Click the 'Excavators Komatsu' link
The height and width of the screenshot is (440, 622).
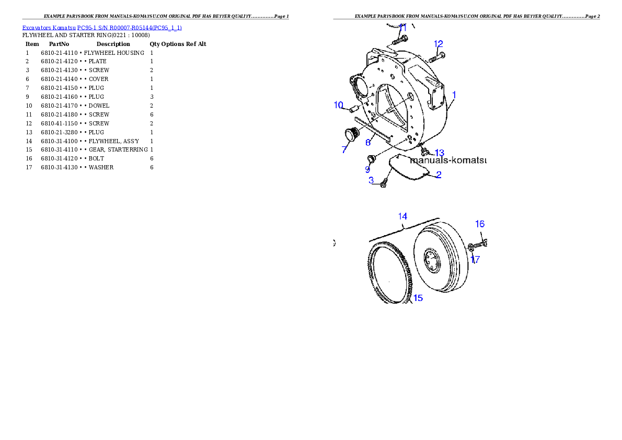pyautogui.click(x=49, y=28)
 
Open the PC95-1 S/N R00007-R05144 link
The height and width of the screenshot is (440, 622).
pyautogui.click(x=129, y=28)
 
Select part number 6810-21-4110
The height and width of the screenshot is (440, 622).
pyautogui.click(x=59, y=53)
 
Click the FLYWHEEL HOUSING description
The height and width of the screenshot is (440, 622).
pyautogui.click(x=114, y=53)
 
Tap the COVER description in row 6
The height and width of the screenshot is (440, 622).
pyautogui.click(x=98, y=79)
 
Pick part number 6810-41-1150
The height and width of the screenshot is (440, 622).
pyautogui.click(x=59, y=123)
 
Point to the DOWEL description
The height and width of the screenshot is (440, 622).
pyautogui.click(x=99, y=106)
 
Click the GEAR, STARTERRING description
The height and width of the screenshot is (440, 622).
pyautogui.click(x=118, y=149)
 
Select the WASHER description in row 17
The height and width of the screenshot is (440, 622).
pyautogui.click(x=101, y=167)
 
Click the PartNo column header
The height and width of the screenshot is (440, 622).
pyautogui.click(x=59, y=44)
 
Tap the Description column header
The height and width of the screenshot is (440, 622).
pyautogui.click(x=113, y=44)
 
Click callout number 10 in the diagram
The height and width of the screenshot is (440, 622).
pyautogui.click(x=338, y=105)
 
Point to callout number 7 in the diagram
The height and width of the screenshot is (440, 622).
pyautogui.click(x=344, y=149)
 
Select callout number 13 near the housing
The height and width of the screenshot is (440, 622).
pyautogui.click(x=440, y=153)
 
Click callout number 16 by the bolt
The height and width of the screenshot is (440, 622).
pyautogui.click(x=480, y=224)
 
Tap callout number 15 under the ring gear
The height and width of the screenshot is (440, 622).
pyautogui.click(x=418, y=298)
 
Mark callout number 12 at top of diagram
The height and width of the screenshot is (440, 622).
pyautogui.click(x=439, y=44)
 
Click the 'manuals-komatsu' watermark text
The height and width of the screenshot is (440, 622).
pyautogui.click(x=448, y=160)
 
